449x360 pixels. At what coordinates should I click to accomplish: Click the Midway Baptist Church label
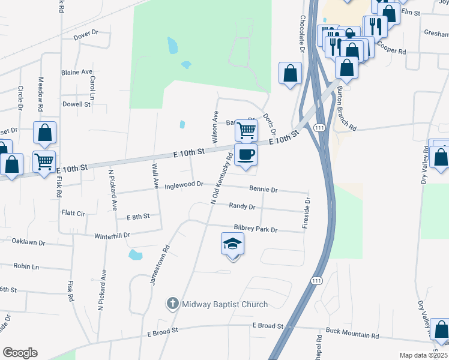pos(225,304)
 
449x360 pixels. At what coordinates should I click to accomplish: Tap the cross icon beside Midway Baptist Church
pos(173,304)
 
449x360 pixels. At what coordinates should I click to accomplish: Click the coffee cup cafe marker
pos(245,155)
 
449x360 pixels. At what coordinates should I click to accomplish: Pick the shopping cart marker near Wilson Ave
pos(246,129)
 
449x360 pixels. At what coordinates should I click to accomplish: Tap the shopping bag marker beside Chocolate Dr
pos(290,74)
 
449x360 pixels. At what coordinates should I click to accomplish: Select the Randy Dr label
pos(243,206)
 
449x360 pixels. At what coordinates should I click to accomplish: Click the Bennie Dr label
pos(264,190)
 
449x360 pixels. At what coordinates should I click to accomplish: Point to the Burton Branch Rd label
pos(346,108)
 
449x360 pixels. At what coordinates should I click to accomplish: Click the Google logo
pos(20,353)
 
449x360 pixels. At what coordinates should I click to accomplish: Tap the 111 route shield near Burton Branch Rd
pos(319,128)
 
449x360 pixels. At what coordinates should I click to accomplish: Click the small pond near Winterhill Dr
pos(136,255)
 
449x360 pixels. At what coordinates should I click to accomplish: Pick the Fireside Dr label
pos(306,213)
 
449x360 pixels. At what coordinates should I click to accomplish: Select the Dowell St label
pos(76,104)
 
